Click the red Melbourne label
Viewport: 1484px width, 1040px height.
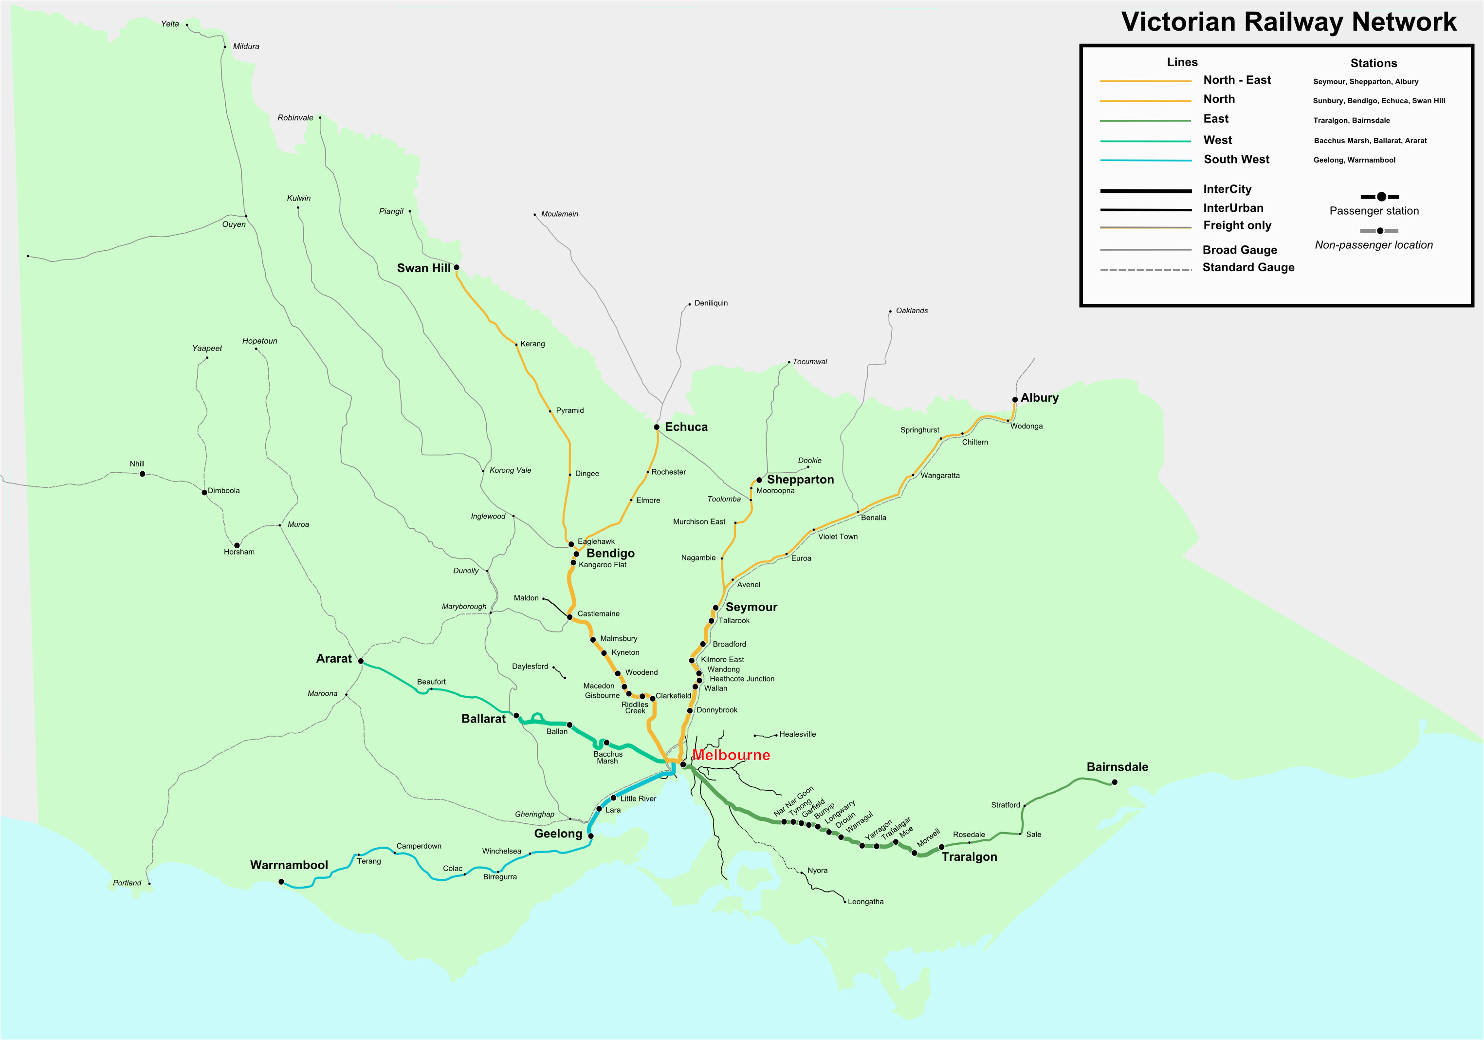tap(731, 755)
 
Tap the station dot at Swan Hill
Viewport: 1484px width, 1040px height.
tap(457, 267)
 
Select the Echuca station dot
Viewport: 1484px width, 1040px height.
tap(657, 427)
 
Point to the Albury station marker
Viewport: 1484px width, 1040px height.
tap(1015, 400)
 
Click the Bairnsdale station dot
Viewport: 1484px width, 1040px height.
tap(1114, 782)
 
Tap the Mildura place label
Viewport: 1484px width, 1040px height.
tap(246, 47)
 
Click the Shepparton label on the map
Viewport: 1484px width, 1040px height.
tap(800, 479)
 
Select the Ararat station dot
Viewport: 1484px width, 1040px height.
tap(361, 661)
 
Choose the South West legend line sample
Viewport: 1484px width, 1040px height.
tap(1145, 160)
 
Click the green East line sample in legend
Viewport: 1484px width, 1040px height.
tap(1145, 120)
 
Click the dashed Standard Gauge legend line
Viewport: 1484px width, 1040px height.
tap(1146, 270)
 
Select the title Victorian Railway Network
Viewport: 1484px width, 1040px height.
tap(1289, 21)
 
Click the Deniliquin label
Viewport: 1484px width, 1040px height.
tap(711, 303)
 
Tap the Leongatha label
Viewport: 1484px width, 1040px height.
tap(865, 902)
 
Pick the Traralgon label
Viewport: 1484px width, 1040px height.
tap(969, 857)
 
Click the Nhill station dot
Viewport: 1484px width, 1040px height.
tap(143, 474)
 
